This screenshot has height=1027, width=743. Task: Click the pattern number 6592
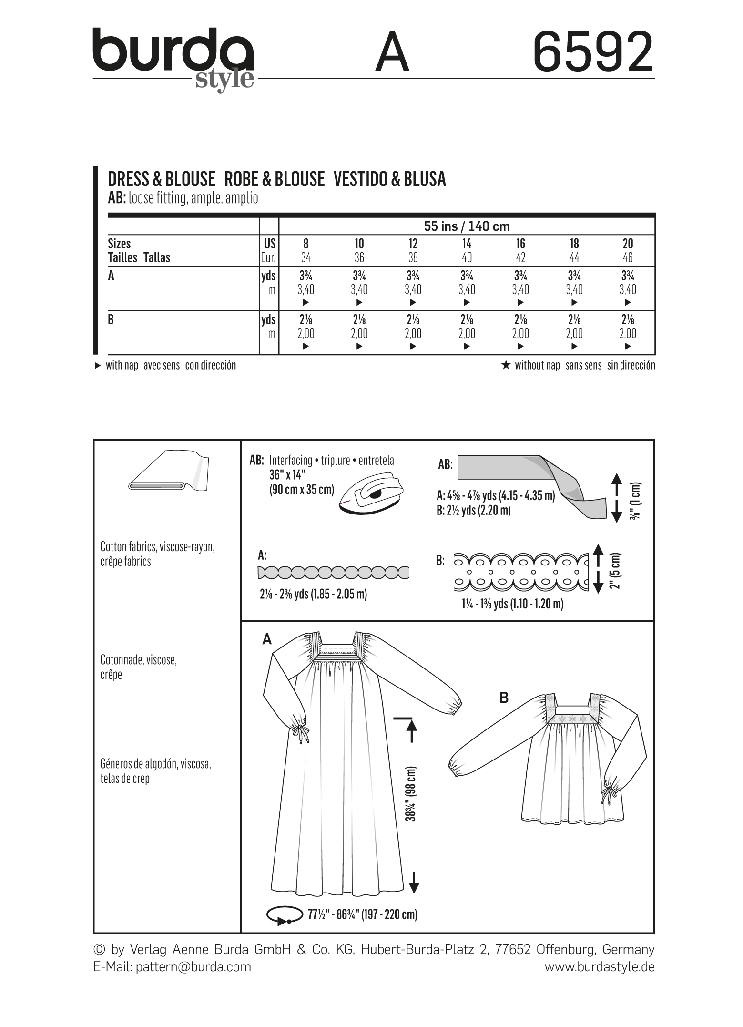pyautogui.click(x=593, y=52)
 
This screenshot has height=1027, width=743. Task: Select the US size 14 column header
pyautogui.click(x=467, y=244)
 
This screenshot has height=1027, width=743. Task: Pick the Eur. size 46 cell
pyautogui.click(x=628, y=258)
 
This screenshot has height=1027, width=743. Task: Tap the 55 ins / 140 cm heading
pyautogui.click(x=467, y=226)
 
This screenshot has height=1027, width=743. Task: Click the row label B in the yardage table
pyautogui.click(x=111, y=319)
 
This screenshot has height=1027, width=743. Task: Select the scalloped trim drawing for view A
pyautogui.click(x=333, y=572)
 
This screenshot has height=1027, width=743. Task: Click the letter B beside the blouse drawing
pyautogui.click(x=504, y=698)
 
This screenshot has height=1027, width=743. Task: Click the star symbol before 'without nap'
pyautogui.click(x=506, y=366)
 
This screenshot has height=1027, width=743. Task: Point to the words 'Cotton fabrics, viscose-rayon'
pyautogui.click(x=158, y=547)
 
